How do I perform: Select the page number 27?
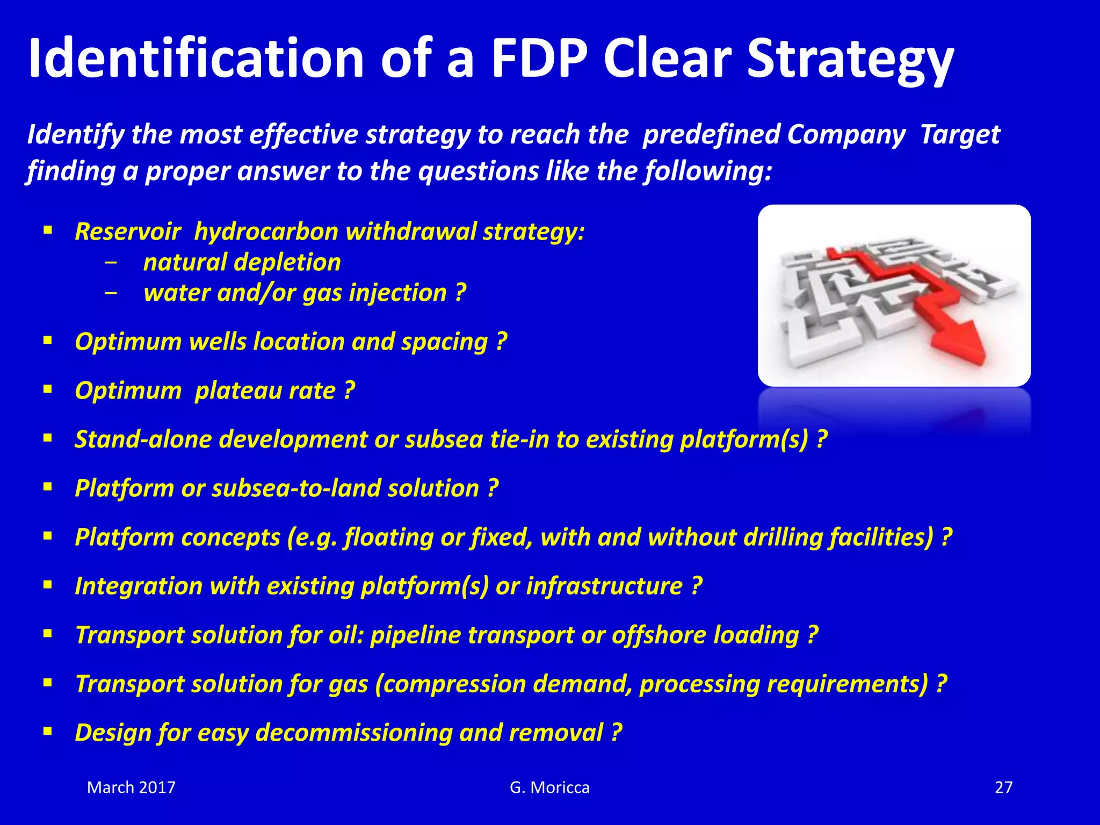(1003, 787)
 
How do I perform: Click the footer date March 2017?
(131, 787)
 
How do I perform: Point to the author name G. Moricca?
(549, 787)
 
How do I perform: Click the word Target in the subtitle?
(960, 134)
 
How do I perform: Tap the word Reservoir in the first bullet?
(128, 232)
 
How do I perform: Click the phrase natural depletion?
(242, 263)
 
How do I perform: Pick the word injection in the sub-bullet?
(397, 293)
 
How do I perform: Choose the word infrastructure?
(604, 587)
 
